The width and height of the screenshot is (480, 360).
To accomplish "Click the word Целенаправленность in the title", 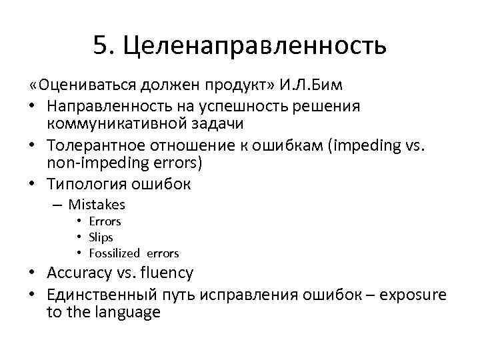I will (255, 46).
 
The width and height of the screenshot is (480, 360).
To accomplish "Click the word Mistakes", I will (97, 205).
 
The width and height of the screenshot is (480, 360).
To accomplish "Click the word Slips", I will (101, 237).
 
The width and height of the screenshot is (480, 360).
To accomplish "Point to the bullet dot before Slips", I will (79, 237).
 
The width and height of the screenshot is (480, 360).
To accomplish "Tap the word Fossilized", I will (114, 253).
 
